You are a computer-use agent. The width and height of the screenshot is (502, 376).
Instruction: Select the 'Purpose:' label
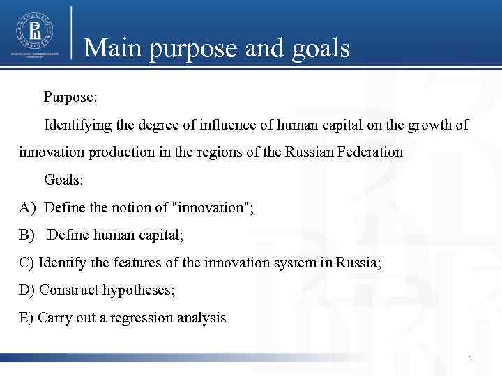(70, 97)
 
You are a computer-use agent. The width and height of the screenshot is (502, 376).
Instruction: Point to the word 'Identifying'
(78, 125)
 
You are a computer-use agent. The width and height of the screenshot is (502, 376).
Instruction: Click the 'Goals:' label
(63, 180)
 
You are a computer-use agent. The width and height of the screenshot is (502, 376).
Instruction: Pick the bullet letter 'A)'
(27, 207)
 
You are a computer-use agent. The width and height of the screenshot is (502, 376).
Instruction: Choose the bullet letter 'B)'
(27, 235)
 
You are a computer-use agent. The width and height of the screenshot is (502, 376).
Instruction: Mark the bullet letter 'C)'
(27, 263)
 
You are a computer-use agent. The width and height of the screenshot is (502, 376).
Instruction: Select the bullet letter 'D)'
(27, 290)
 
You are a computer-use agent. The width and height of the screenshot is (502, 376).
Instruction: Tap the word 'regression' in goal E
(146, 318)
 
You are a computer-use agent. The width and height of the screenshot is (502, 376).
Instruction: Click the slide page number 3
(470, 359)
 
